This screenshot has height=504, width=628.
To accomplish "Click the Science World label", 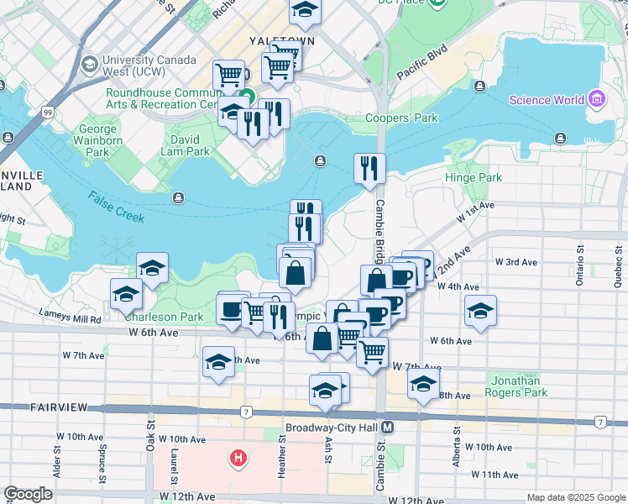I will (x=547, y=100).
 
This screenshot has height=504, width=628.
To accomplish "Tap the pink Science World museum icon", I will (x=597, y=100).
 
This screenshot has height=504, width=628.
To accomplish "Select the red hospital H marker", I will (x=239, y=459).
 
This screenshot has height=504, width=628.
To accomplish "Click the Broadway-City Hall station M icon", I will (x=387, y=427).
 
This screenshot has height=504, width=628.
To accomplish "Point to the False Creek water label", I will (x=116, y=207).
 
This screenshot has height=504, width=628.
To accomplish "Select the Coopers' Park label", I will (x=401, y=118).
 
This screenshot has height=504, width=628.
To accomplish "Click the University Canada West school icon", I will (x=88, y=64).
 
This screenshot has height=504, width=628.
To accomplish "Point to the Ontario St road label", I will (x=579, y=265).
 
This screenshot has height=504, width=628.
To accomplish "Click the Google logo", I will (x=28, y=494).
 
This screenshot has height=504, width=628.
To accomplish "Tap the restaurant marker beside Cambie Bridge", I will (x=369, y=168).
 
